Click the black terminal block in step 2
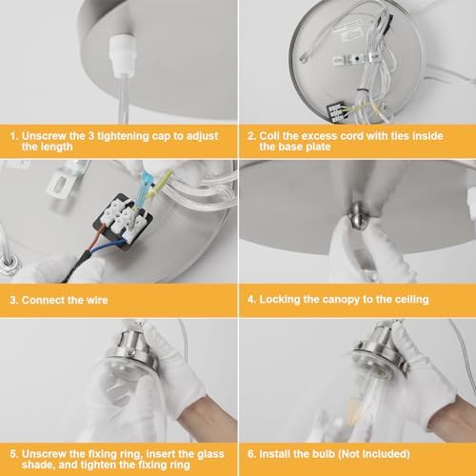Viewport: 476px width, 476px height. [337, 111]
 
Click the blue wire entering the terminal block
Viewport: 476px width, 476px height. [107, 246]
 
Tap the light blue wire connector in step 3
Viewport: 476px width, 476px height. [144, 188]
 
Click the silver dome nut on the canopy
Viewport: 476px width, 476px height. [358, 217]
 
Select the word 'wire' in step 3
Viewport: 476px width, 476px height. [97, 300]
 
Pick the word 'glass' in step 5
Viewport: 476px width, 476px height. [211, 454]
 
